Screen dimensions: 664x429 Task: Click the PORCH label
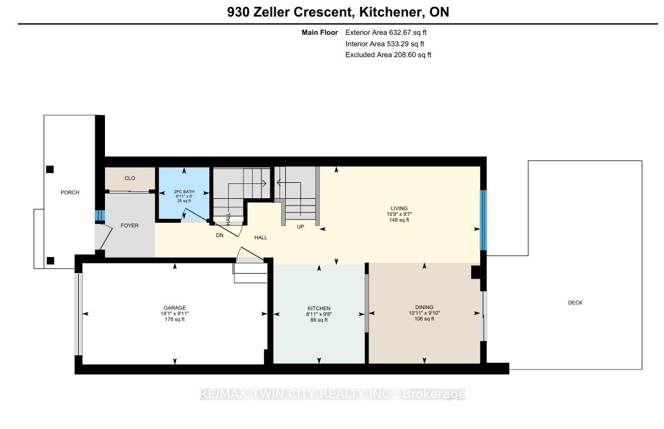click(70, 193)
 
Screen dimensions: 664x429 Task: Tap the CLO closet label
click(129, 178)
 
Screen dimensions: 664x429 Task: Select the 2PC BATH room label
click(184, 191)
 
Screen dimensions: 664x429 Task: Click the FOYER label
click(129, 226)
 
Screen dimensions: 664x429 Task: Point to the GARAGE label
click(175, 308)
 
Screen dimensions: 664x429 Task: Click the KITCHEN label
click(319, 308)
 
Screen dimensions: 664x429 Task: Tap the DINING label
click(424, 307)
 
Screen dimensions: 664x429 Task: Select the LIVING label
click(399, 209)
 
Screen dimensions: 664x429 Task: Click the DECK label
click(575, 303)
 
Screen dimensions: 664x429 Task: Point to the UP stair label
click(300, 227)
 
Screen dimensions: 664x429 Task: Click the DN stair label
click(220, 235)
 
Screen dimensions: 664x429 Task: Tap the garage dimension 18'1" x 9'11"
click(175, 314)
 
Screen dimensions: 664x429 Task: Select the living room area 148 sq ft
click(399, 220)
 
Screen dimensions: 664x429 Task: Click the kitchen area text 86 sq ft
click(319, 320)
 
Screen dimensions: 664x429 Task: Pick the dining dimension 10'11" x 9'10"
click(424, 313)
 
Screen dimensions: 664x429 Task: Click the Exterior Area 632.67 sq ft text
click(386, 32)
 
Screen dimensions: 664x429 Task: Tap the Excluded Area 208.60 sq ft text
click(388, 55)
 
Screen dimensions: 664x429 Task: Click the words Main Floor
click(319, 32)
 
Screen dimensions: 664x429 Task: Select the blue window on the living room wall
click(483, 220)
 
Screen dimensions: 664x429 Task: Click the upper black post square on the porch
click(50, 170)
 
